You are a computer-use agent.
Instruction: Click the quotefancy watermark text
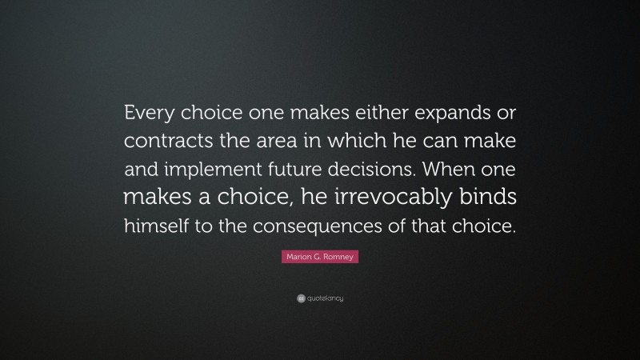325,298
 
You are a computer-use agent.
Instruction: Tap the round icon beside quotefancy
300,298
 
